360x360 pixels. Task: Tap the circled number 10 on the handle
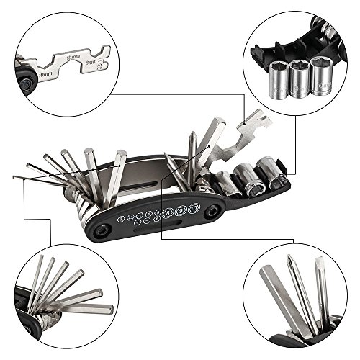[x=193, y=210]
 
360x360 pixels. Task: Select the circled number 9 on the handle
[x=181, y=211]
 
